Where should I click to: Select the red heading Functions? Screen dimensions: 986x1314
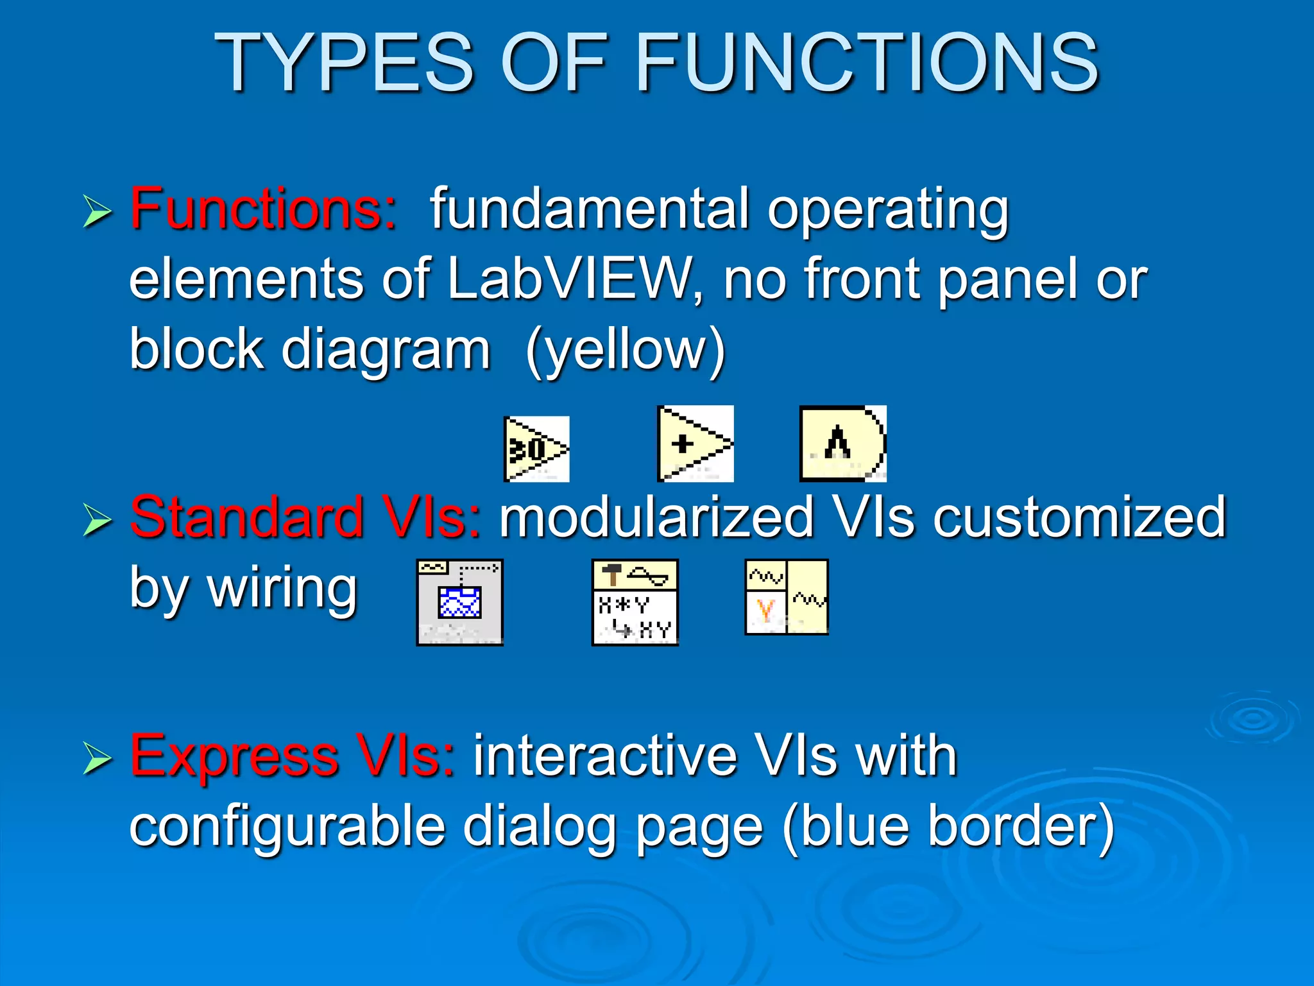[x=263, y=209]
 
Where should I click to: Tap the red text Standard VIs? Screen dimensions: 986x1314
[x=305, y=517]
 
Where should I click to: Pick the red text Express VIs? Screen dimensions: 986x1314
[x=293, y=756]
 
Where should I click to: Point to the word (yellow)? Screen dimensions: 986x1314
[x=625, y=350]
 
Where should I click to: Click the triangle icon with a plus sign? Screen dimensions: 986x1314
[x=695, y=444]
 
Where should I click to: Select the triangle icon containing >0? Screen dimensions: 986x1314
[x=536, y=449]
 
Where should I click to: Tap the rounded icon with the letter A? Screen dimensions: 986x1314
[x=842, y=444]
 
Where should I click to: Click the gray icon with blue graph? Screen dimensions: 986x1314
[x=459, y=602]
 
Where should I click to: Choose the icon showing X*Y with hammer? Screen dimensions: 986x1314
[x=635, y=602]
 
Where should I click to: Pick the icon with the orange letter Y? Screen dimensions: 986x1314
[x=787, y=597]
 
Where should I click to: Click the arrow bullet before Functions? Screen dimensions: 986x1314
[x=98, y=212]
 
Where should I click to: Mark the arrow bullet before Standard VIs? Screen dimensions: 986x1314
[x=98, y=521]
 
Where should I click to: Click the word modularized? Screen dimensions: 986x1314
[x=656, y=517]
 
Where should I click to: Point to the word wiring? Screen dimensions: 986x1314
[x=282, y=588]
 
